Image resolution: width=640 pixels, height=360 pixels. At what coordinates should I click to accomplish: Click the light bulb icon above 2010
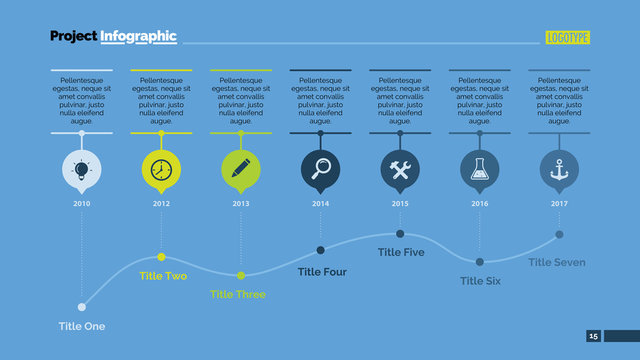[x=81, y=169]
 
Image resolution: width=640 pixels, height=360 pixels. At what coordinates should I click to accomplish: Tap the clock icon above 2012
[x=161, y=169]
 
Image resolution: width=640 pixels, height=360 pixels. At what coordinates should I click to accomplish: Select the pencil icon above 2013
[x=240, y=169]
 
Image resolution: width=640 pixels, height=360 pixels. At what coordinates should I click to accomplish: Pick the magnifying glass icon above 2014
[x=320, y=169]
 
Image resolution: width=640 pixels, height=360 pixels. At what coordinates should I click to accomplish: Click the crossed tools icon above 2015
[x=400, y=169]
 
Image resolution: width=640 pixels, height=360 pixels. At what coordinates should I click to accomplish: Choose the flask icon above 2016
[x=480, y=169]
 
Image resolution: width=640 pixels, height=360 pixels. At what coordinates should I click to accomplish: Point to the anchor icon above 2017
[x=559, y=169]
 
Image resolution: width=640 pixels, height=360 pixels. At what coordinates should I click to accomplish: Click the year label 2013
[x=240, y=203]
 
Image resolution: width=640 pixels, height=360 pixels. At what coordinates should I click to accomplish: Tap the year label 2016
[x=480, y=203]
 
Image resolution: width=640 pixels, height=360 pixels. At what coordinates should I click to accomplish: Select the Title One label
[x=81, y=326]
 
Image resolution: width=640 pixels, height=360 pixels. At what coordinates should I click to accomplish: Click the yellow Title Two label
[x=163, y=275]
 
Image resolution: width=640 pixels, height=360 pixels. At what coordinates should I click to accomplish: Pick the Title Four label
[x=322, y=271]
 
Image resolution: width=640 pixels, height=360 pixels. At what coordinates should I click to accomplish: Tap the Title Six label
[x=480, y=281]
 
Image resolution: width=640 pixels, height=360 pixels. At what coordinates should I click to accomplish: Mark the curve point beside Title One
[x=82, y=306]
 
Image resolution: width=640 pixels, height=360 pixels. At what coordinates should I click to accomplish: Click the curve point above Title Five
[x=400, y=234]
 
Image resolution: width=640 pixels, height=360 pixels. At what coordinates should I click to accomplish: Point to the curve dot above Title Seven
[x=559, y=234]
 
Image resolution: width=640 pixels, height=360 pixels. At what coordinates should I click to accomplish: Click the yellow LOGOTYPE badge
[x=568, y=38]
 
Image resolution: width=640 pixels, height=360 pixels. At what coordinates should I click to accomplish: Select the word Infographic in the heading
[x=138, y=37]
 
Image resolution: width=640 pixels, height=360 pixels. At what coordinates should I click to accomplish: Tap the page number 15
[x=593, y=336]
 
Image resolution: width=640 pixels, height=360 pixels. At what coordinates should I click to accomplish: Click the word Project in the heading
[x=73, y=37]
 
